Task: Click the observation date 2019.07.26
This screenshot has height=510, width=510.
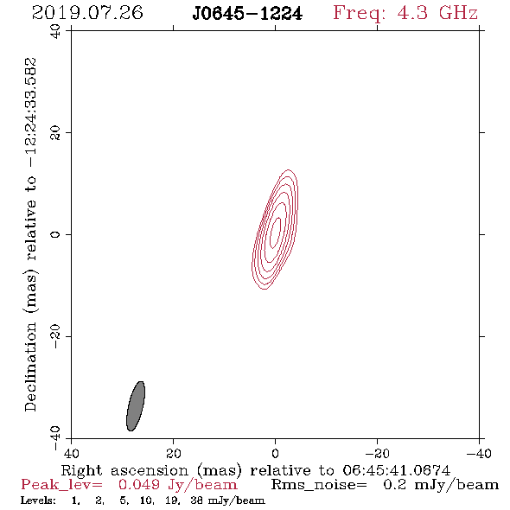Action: click(87, 13)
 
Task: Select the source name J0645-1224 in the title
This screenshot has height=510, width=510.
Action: click(247, 14)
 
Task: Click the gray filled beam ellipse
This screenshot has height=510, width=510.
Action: click(136, 406)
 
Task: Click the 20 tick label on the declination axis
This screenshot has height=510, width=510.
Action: click(55, 133)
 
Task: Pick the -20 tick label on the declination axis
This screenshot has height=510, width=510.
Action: click(55, 336)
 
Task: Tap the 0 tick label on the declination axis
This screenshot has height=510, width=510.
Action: click(55, 234)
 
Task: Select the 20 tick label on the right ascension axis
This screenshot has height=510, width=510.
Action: click(173, 454)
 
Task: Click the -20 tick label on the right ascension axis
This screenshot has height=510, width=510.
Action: click(377, 454)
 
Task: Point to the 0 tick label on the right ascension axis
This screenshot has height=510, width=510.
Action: click(275, 454)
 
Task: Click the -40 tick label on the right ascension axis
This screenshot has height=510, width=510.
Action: click(479, 454)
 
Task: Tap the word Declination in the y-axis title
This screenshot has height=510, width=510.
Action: click(30, 367)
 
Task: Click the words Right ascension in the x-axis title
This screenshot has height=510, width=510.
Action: click(124, 470)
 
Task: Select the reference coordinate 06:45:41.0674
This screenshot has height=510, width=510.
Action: click(396, 470)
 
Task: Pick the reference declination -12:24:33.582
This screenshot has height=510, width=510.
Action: click(31, 113)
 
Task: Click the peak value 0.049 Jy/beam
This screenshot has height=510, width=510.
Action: click(177, 485)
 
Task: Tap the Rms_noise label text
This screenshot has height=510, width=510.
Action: click(319, 485)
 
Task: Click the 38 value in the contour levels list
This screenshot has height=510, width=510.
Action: click(196, 500)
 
